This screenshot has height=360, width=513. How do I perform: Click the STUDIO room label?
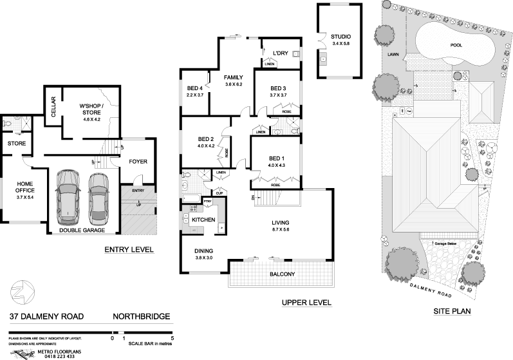(337, 37)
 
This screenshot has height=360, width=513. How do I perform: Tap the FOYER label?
(138, 161)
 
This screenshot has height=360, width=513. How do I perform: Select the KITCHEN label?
(203, 220)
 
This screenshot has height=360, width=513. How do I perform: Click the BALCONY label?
(283, 275)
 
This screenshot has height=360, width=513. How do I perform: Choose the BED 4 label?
(194, 88)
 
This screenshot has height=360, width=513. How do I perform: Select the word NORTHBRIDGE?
(141, 316)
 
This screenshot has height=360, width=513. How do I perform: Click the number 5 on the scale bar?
(172, 337)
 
